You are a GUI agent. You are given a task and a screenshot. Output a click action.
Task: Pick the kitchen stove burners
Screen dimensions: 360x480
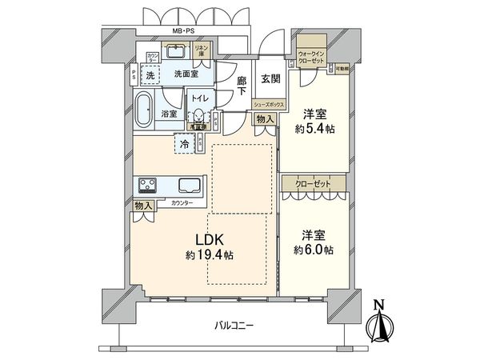click(149, 186)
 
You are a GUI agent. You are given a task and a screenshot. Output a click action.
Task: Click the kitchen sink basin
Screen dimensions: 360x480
click(189, 186)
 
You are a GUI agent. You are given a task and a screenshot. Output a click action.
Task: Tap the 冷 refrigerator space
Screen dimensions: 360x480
click(185, 145)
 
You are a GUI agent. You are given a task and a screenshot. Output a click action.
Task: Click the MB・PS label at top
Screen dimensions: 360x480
click(185, 31)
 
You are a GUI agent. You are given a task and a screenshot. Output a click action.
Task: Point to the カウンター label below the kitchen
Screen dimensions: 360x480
click(182, 204)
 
